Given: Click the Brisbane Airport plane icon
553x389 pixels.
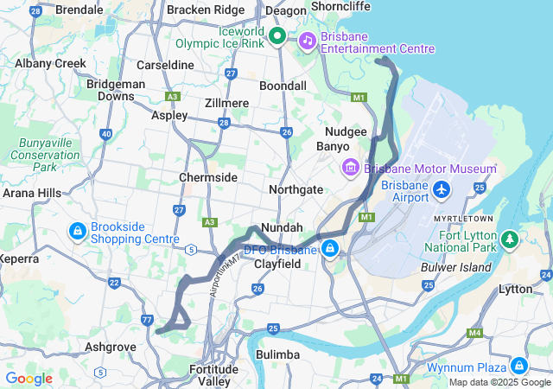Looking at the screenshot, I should point(442,188).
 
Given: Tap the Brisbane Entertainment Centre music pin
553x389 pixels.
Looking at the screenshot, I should point(307,41).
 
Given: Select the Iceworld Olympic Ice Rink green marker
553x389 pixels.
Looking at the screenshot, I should point(276,36).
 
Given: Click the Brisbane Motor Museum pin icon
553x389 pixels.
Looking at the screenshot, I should point(351,167).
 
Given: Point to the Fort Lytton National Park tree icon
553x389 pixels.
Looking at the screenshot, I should point(510,237).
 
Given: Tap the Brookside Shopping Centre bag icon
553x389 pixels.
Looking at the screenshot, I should point(78,231).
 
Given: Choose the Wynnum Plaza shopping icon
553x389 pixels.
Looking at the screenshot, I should point(518,365).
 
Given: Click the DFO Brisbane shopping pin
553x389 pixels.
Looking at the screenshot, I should point(329,250).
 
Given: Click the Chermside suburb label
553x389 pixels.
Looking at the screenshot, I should point(208,177).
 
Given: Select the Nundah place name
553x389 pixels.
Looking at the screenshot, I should point(282,227).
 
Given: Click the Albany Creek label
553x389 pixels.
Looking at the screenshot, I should point(50,63).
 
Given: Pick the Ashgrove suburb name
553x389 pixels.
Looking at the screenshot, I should point(111,347).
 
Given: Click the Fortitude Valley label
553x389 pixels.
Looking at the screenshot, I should point(213,375).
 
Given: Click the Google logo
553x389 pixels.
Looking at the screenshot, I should point(29,379).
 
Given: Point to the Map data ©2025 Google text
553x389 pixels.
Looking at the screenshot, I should point(499,382).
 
